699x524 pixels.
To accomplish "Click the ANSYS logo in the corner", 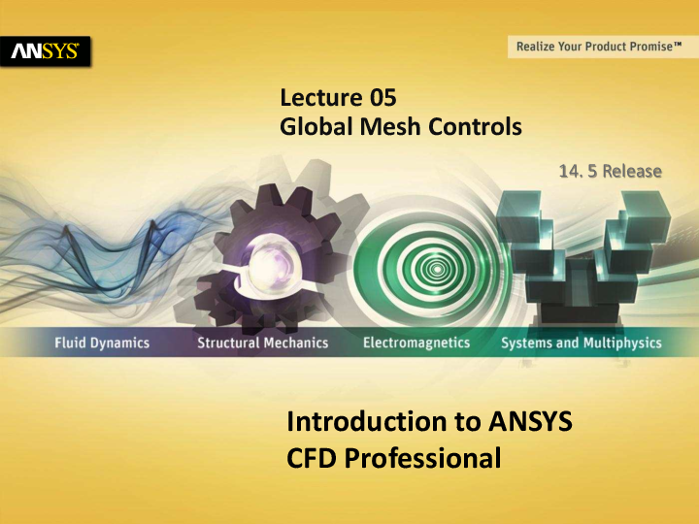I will click(x=47, y=50).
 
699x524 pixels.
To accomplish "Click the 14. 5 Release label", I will click(x=610, y=172).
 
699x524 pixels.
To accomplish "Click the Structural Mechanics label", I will click(x=262, y=343).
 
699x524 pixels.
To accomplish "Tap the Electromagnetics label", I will click(x=416, y=343).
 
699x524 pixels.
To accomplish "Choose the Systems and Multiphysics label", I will click(x=581, y=343).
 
